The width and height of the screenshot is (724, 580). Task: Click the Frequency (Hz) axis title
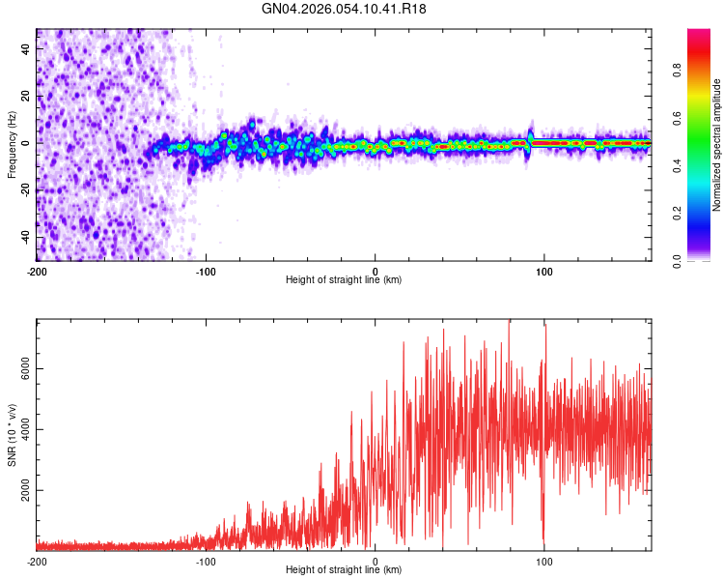coord(12,145)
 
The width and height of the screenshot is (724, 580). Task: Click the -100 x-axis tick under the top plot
coord(206,272)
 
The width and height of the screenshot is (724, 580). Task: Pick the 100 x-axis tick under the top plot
coord(544,272)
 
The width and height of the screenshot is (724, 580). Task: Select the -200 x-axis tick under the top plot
coord(37,272)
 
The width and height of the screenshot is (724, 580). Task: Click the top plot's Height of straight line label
coord(344,280)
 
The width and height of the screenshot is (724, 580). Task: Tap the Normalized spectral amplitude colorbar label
coord(717,145)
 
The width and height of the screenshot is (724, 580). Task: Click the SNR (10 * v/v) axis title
coord(12,435)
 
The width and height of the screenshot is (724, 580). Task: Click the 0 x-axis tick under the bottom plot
coord(376,562)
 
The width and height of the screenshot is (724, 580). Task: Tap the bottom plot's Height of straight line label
coord(344,570)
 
